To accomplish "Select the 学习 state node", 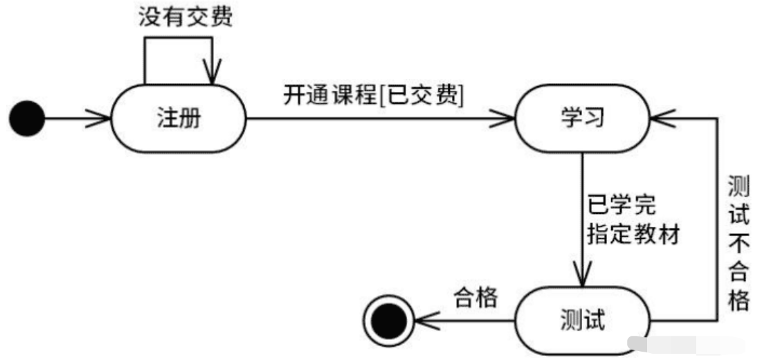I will click(x=582, y=118).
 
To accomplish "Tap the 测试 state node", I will click(x=582, y=321).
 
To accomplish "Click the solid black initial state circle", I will click(x=27, y=119).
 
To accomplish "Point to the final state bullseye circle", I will click(x=388, y=321).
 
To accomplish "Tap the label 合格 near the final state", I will click(x=475, y=298).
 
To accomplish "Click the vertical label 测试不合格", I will click(x=739, y=242).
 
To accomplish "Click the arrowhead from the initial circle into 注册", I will click(x=101, y=119).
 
